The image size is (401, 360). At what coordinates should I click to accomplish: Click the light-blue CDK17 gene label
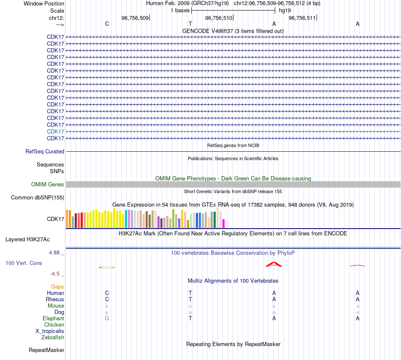point(55,131)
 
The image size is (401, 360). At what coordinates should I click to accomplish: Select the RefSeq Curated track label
point(45,151)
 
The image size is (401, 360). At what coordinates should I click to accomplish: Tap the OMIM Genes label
point(48,184)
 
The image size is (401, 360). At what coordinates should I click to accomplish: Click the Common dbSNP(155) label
point(38,197)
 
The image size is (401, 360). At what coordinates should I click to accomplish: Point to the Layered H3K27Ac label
point(27,239)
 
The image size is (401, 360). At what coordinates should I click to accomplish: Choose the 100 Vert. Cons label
point(24,263)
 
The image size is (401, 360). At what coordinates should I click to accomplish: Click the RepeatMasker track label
point(46,350)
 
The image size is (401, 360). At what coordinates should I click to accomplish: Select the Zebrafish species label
point(53,337)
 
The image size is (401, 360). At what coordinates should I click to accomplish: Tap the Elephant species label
point(53,318)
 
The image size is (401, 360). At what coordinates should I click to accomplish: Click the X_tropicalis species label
point(50,331)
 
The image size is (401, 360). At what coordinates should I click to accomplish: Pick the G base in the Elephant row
point(107,318)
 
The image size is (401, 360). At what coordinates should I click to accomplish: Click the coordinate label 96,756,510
point(218,18)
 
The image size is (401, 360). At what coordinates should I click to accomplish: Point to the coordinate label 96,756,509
point(135,18)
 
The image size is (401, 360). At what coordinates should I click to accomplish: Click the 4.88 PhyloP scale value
point(55,253)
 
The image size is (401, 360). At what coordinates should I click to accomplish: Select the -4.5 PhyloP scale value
point(56,273)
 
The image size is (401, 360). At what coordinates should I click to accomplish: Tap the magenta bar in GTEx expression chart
point(224,223)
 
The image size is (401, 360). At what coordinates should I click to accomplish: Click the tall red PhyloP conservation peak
point(274,264)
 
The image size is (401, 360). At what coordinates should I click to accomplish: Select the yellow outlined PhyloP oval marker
point(107,267)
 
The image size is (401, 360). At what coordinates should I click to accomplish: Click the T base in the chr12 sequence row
point(190,24)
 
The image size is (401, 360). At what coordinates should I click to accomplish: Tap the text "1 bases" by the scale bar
point(180,10)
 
